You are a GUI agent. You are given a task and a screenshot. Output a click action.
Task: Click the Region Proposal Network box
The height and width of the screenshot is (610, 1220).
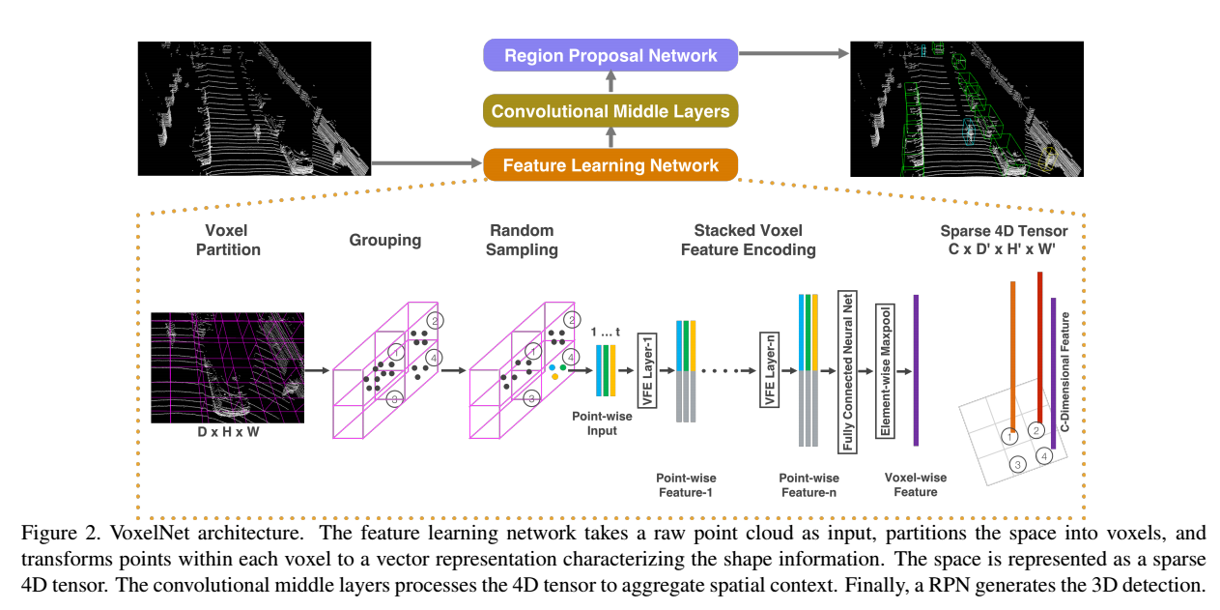[x=610, y=55]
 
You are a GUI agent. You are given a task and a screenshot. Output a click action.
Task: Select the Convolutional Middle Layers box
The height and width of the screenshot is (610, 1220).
[x=610, y=111]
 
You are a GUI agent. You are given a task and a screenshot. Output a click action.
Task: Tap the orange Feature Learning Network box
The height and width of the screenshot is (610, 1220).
[x=610, y=165]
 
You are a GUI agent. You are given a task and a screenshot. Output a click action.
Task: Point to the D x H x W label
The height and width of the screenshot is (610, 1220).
[x=228, y=431]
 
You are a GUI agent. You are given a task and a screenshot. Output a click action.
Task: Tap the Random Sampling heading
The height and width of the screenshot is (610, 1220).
[x=523, y=240]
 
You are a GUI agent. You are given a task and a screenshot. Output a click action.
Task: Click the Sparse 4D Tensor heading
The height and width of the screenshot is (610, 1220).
[x=1004, y=240]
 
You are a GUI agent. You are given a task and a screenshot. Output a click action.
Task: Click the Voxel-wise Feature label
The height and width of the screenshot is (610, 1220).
[x=915, y=484]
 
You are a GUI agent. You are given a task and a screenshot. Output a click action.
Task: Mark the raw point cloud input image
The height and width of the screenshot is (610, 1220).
[x=254, y=108]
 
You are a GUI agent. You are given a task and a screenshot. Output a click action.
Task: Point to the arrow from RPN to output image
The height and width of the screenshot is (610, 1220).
[x=793, y=53]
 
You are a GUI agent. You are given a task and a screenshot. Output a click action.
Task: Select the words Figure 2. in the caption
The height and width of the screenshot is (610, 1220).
[x=48, y=533]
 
